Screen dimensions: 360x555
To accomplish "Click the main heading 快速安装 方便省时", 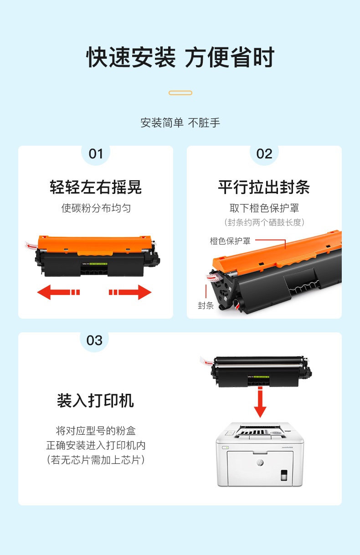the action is pyautogui.click(x=180, y=57).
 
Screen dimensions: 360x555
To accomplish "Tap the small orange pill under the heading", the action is pyautogui.click(x=180, y=93).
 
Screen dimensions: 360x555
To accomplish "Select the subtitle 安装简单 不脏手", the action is pyautogui.click(x=180, y=123).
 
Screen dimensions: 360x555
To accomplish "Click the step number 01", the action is pyautogui.click(x=96, y=154).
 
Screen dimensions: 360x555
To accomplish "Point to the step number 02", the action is pyautogui.click(x=264, y=154).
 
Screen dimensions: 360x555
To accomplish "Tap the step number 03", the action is pyautogui.click(x=94, y=341).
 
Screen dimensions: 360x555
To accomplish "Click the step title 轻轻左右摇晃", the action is pyautogui.click(x=96, y=187).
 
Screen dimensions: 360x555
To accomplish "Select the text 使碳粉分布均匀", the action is pyautogui.click(x=96, y=208).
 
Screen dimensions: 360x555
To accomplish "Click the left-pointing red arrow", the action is pyautogui.click(x=58, y=292).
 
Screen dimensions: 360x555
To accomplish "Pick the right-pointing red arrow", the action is pyautogui.click(x=130, y=292).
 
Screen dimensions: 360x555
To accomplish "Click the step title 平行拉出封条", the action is pyautogui.click(x=264, y=187).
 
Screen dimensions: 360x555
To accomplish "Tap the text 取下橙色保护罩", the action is pyautogui.click(x=264, y=208).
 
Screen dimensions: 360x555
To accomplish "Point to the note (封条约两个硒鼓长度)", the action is pyautogui.click(x=264, y=222).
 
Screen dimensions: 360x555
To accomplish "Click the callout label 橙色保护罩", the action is pyautogui.click(x=230, y=241).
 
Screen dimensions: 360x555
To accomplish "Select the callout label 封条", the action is pyautogui.click(x=206, y=306).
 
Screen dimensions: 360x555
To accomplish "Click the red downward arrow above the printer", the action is pyautogui.click(x=260, y=402).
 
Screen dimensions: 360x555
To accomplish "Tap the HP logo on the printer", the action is pyautogui.click(x=260, y=462).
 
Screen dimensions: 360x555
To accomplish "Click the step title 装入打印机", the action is pyautogui.click(x=95, y=401).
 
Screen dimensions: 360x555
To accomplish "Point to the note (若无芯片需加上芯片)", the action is pyautogui.click(x=96, y=460).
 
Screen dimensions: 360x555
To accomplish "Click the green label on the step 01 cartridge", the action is pyautogui.click(x=98, y=264).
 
